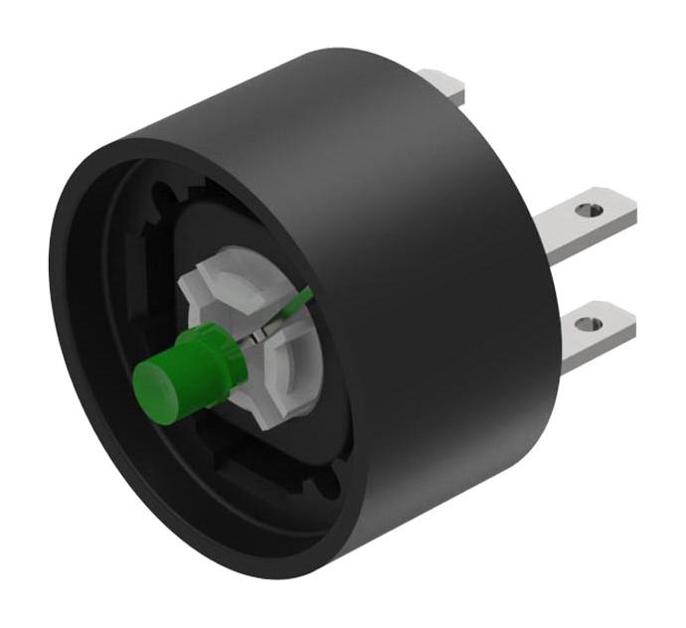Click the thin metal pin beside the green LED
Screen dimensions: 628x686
click(x=257, y=338)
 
